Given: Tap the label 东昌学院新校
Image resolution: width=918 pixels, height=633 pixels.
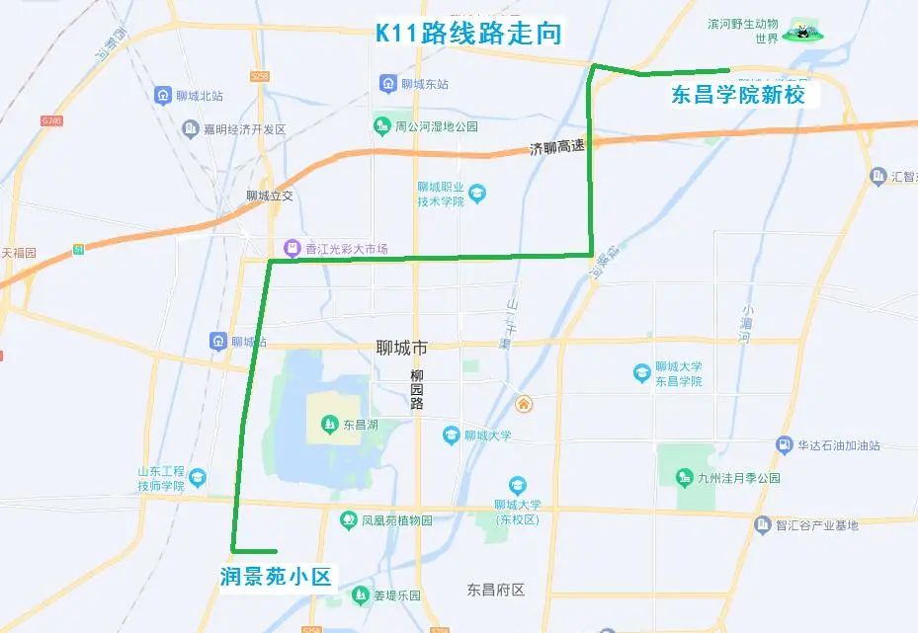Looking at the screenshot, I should [x=738, y=96].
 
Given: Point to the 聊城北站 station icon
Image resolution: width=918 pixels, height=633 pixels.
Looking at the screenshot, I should [x=162, y=95].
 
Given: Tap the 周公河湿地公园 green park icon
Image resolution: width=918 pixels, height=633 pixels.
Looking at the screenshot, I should [x=381, y=125].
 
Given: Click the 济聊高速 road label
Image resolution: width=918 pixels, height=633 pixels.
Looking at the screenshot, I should [x=557, y=149].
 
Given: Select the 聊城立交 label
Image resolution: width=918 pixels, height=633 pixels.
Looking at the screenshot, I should [x=270, y=196].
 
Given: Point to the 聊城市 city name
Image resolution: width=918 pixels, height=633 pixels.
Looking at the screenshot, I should [x=403, y=349].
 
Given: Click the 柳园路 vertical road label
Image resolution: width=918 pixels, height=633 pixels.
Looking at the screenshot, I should [x=417, y=390].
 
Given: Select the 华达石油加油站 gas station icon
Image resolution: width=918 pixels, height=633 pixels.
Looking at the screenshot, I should [x=785, y=444].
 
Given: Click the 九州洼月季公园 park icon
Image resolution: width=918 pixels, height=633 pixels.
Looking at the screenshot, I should [x=683, y=478].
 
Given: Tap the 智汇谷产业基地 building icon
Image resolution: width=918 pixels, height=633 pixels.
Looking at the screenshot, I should [x=763, y=524].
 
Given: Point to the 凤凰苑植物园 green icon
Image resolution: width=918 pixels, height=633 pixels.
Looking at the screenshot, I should [x=348, y=519].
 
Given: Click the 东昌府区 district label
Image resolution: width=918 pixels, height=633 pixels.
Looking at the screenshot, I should [x=495, y=590].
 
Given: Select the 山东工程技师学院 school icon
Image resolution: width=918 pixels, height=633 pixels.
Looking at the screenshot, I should [x=197, y=477].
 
